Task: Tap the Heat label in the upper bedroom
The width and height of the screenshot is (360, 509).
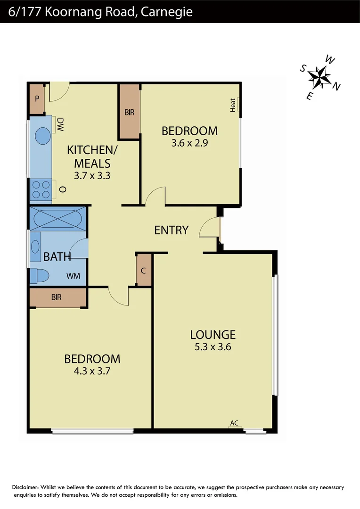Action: [233, 105]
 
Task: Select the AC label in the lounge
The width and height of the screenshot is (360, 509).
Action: [234, 423]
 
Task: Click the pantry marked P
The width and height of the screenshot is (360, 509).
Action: [37, 99]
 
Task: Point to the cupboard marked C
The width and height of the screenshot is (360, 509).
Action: [144, 271]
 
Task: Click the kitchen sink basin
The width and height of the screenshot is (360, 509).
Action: [42, 136]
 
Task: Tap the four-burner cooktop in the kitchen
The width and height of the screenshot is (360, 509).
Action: [41, 189]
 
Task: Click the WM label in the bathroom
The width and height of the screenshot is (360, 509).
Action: [73, 275]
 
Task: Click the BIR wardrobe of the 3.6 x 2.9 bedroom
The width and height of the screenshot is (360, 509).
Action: [129, 112]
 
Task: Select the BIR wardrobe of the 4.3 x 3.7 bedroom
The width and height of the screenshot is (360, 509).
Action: [57, 297]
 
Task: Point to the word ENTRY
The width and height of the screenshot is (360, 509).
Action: [172, 230]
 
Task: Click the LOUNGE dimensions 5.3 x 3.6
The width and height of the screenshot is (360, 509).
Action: [213, 347]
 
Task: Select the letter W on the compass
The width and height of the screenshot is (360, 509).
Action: [331, 60]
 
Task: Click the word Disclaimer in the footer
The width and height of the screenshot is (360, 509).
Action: [26, 488]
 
